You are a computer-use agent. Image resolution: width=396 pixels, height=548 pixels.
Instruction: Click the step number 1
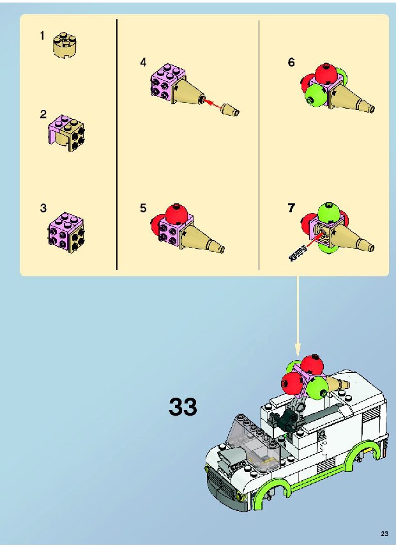tap(42, 35)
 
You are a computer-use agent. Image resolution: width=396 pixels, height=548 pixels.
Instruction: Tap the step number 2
tap(43, 114)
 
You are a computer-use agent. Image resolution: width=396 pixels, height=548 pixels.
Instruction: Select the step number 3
tap(43, 208)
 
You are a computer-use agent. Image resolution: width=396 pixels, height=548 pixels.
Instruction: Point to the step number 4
tap(143, 63)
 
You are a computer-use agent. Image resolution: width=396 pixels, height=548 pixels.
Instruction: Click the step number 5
tap(143, 208)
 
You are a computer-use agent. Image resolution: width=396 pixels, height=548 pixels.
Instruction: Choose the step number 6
tap(291, 62)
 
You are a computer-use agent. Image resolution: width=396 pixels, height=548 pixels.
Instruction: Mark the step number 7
tap(291, 208)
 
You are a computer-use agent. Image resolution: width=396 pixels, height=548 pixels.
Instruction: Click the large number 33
tap(183, 407)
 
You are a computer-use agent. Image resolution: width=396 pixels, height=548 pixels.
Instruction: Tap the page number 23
tap(384, 533)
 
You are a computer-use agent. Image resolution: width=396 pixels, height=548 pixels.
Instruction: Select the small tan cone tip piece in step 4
tap(231, 109)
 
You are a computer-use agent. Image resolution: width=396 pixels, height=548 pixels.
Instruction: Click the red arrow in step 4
tap(213, 104)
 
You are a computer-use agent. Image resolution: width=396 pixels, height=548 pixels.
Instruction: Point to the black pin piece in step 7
tap(298, 253)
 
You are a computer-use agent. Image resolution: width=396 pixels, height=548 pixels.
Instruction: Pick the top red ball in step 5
tap(177, 214)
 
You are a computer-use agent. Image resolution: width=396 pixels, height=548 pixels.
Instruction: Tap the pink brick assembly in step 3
tap(66, 232)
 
